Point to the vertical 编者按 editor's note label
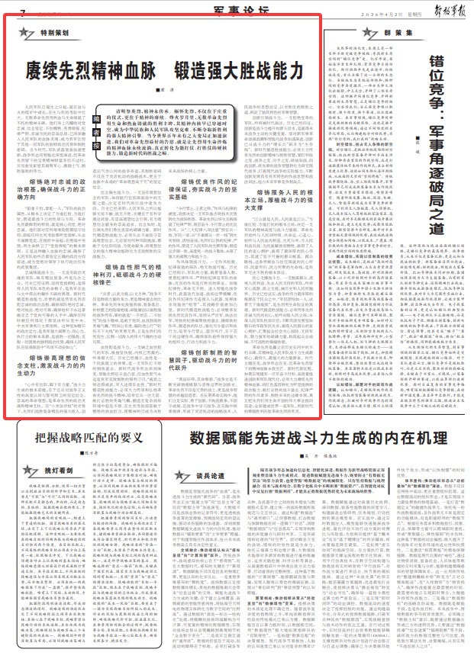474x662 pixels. tap(98, 122)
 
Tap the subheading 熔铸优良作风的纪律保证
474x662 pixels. tap(198, 224)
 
